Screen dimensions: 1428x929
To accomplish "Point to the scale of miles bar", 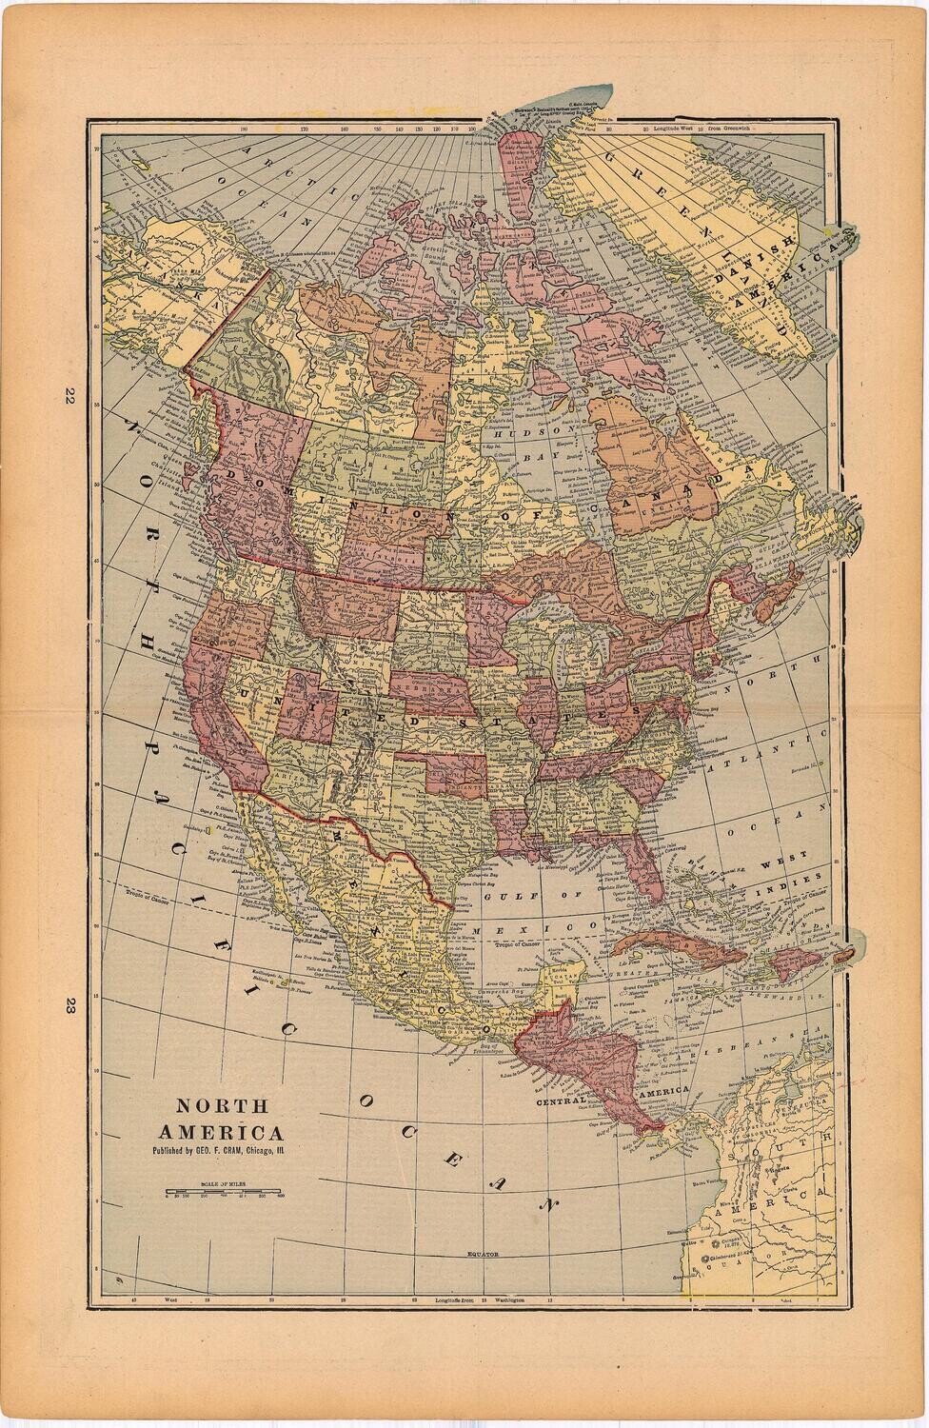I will click(x=224, y=1191).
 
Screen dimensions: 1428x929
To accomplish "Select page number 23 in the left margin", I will click(x=69, y=1007).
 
